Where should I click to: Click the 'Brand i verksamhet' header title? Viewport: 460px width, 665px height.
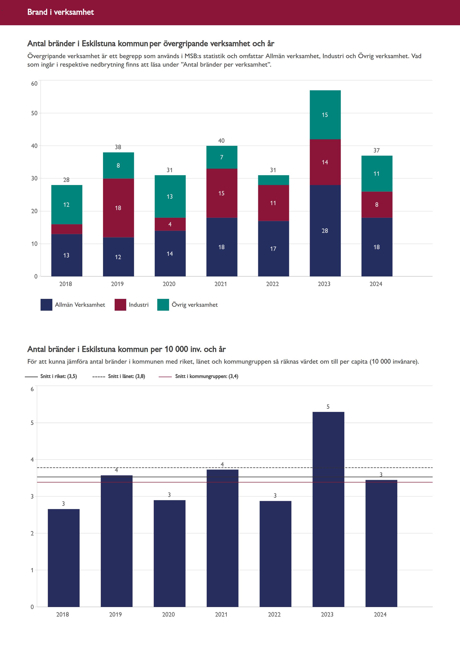point(60,12)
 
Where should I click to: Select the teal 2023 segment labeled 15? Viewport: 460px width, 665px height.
point(325,115)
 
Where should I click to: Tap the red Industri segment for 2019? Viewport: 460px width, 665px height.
point(118,208)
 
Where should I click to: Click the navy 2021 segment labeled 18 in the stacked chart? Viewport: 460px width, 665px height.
point(221,247)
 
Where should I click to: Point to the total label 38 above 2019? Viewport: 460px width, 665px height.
point(118,147)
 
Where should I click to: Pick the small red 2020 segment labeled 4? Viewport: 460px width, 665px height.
point(170,224)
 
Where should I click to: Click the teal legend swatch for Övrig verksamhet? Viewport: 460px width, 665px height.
point(163,305)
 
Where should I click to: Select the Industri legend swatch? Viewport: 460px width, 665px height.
point(120,305)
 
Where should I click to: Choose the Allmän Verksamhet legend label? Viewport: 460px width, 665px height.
point(80,305)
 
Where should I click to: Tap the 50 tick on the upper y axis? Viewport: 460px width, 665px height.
point(34,113)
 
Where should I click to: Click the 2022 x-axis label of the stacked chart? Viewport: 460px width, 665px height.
point(272,284)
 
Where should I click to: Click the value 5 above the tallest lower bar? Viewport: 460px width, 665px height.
point(328,407)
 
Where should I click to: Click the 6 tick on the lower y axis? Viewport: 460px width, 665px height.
point(32,389)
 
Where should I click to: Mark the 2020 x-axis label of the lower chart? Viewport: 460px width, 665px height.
point(168,614)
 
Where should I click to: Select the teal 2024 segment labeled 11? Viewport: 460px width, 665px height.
point(376,173)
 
